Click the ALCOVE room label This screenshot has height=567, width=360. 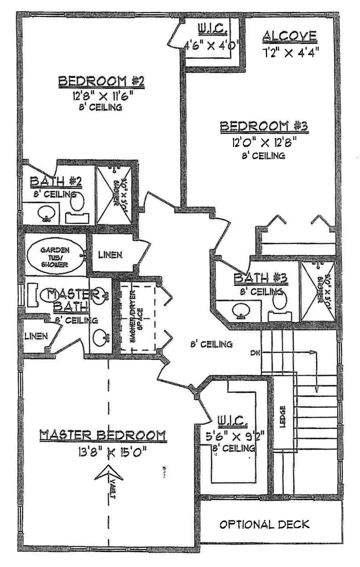click(290, 36)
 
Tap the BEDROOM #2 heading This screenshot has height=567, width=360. click(101, 81)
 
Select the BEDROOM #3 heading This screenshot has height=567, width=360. click(264, 126)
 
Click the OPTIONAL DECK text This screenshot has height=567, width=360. click(264, 524)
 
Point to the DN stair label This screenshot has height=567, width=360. click(255, 353)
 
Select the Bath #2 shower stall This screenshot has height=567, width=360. click(114, 196)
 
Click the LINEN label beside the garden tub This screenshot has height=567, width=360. click(110, 255)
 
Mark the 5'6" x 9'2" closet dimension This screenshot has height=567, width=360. click(235, 437)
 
